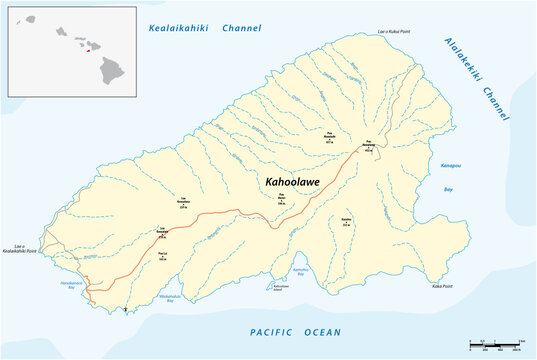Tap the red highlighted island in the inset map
87,52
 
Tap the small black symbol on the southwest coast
124,311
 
